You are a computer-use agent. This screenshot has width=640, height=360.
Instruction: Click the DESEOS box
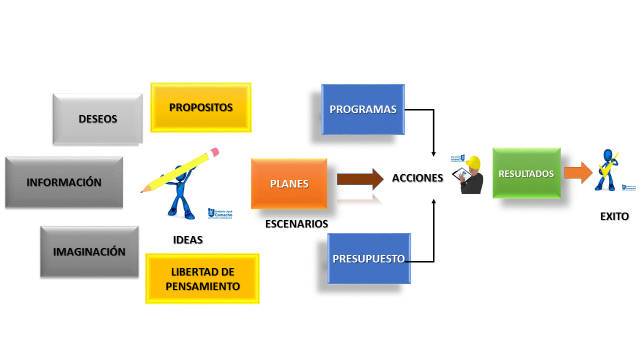point(97,119)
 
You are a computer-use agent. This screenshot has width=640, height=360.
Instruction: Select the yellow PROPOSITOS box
point(201,107)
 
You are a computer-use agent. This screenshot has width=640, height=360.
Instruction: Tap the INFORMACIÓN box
point(64,182)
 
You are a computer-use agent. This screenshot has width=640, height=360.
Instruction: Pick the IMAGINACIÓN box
point(89,251)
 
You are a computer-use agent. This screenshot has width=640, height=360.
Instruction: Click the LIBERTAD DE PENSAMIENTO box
point(202,279)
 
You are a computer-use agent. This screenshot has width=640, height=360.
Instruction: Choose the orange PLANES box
point(289,184)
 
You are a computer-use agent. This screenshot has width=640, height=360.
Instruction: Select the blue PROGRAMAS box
point(363,109)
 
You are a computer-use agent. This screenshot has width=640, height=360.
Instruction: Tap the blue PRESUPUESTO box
point(369,258)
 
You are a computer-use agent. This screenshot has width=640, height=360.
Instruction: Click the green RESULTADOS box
point(526,173)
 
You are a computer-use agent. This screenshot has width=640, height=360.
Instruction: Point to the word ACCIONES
point(417,178)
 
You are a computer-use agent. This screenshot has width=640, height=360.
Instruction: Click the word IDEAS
point(187,240)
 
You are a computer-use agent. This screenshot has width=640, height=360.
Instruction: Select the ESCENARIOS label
point(296,223)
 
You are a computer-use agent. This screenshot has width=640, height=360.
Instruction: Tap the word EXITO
point(614,216)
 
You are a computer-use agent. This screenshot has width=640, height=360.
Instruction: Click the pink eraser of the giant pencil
point(214,151)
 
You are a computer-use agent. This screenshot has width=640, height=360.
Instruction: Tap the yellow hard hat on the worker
point(473,162)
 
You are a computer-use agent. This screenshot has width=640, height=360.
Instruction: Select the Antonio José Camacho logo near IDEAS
point(220,213)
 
